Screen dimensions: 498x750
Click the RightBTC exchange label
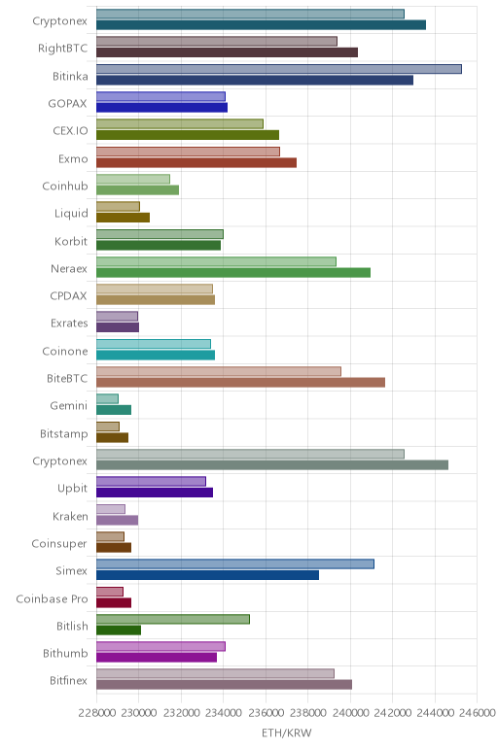(x=62, y=49)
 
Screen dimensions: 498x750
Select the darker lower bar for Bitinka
(x=255, y=80)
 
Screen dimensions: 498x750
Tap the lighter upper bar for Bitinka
(x=279, y=69)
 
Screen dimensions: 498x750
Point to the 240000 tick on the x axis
(x=350, y=713)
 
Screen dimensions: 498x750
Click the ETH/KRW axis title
(x=286, y=733)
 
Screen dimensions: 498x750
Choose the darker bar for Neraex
(x=233, y=273)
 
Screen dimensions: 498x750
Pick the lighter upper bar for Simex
(x=235, y=563)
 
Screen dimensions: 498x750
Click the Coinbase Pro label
(x=52, y=598)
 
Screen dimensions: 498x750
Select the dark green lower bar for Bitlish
(x=119, y=630)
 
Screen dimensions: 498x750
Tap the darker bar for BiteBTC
(x=240, y=383)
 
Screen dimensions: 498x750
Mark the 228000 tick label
(x=96, y=713)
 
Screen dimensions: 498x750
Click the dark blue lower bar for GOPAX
(x=161, y=107)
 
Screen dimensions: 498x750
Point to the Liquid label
(x=71, y=214)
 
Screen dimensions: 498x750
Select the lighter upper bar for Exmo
(x=188, y=152)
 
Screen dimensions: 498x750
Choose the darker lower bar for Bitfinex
(x=224, y=685)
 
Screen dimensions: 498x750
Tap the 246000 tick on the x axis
(x=477, y=713)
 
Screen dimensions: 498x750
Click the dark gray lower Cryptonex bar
(x=272, y=465)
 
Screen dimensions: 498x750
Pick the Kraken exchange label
(x=70, y=517)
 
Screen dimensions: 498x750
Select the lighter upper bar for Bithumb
(x=160, y=647)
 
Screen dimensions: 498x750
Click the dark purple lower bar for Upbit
(x=155, y=493)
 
